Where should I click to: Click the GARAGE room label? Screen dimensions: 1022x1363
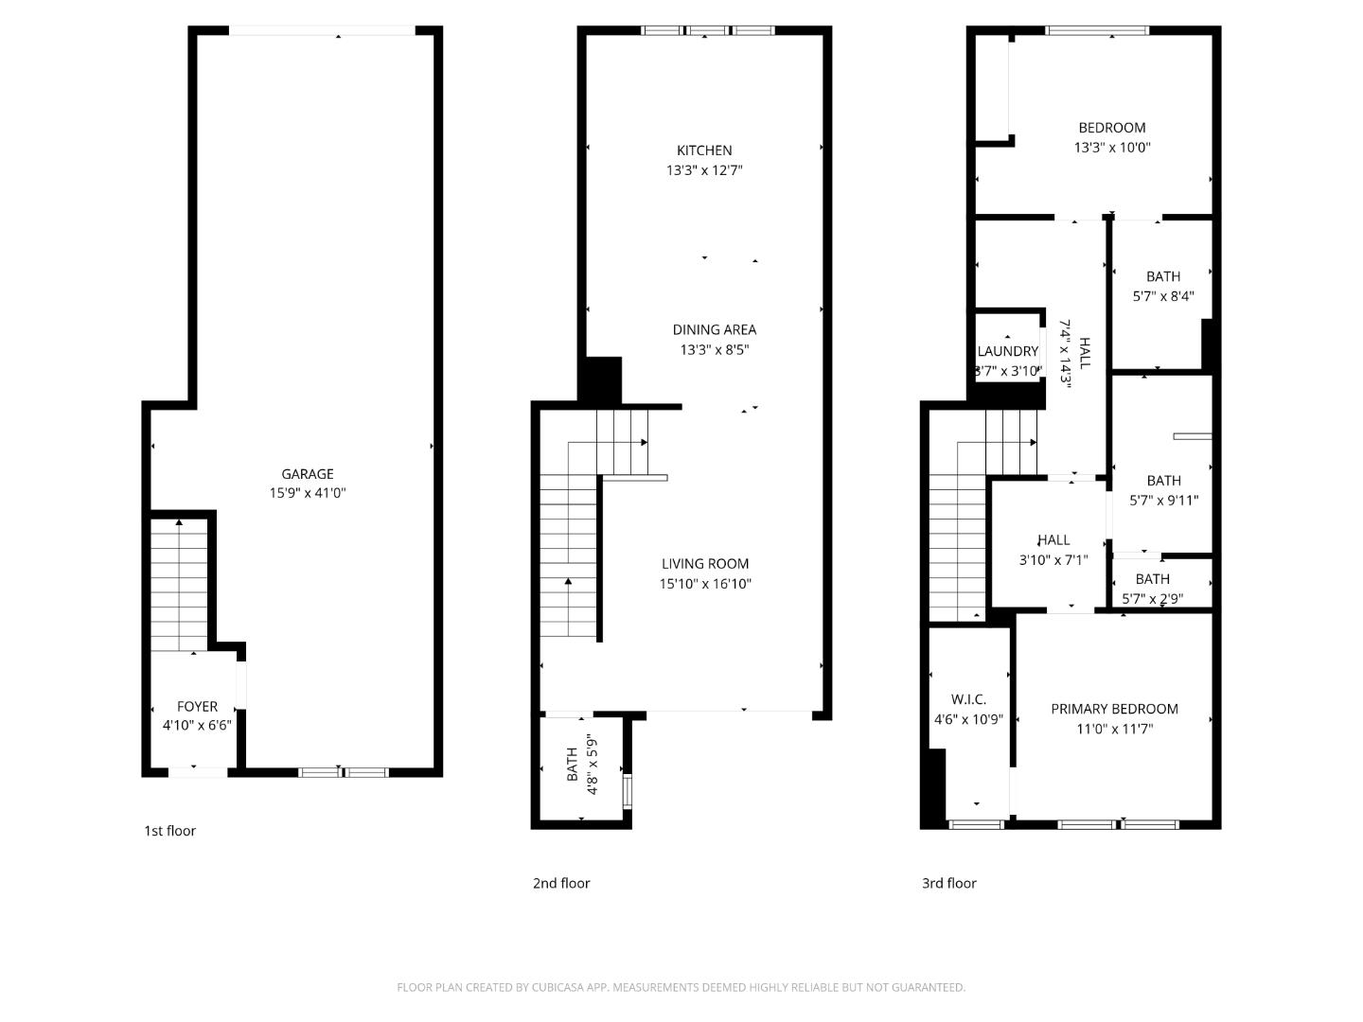[308, 474]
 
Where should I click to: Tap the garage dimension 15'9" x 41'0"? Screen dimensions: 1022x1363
[308, 493]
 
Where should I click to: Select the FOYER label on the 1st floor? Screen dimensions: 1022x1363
[197, 707]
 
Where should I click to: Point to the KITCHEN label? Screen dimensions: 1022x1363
[704, 150]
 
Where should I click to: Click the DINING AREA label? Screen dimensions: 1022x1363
[714, 330]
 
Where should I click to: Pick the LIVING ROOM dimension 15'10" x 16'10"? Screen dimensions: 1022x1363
[705, 584]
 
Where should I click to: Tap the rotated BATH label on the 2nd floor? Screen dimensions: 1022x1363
[572, 765]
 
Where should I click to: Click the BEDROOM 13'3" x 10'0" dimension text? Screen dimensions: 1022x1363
[1112, 148]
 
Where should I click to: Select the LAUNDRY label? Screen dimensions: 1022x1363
[1008, 351]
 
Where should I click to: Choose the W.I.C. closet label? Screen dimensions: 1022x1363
[968, 699]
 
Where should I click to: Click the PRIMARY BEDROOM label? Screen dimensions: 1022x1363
[1114, 709]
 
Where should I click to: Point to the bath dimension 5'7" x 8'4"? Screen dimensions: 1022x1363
[1163, 296]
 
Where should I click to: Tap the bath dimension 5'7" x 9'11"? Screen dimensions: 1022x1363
[1163, 501]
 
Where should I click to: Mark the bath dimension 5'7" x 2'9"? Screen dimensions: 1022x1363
[1152, 599]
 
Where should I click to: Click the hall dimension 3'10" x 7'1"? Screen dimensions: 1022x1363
[1053, 560]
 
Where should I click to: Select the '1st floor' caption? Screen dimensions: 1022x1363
[170, 831]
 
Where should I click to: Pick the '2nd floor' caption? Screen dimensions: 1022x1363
[561, 883]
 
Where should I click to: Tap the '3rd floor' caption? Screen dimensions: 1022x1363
[949, 883]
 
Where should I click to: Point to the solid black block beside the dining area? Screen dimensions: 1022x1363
[600, 380]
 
